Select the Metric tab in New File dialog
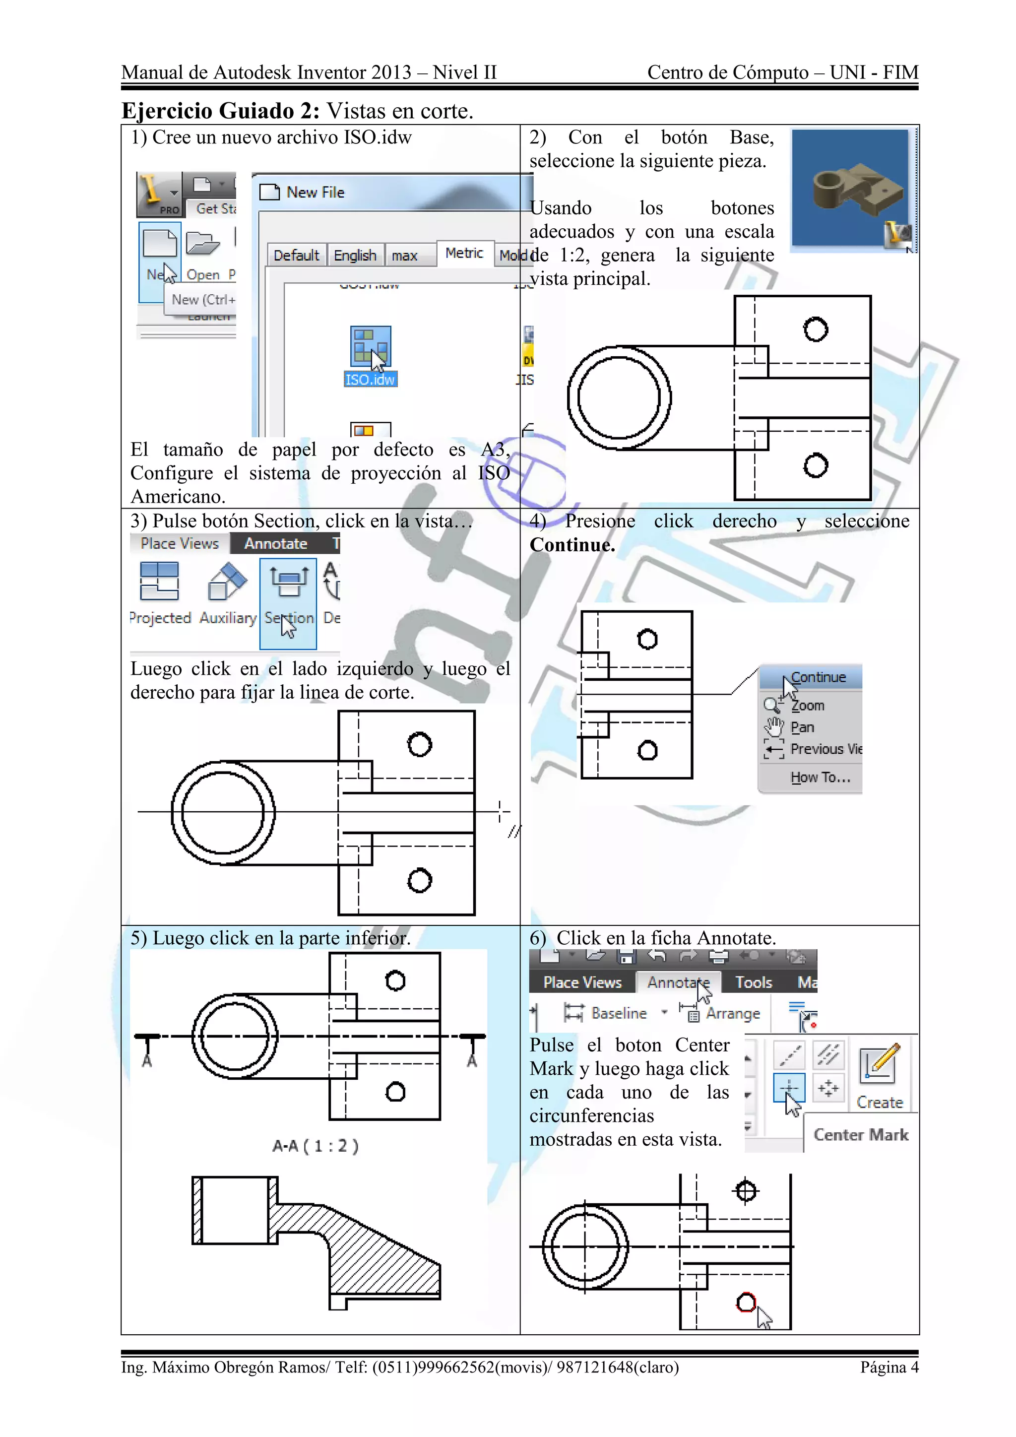pos(464,254)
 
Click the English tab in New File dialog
pos(355,256)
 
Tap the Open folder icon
pos(203,244)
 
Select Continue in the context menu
pos(818,677)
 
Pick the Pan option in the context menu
pos(802,727)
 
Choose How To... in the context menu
pos(820,778)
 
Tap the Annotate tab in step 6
pos(678,982)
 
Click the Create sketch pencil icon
pos(879,1063)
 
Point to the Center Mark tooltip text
pos(861,1135)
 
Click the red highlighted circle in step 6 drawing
pos(746,1303)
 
